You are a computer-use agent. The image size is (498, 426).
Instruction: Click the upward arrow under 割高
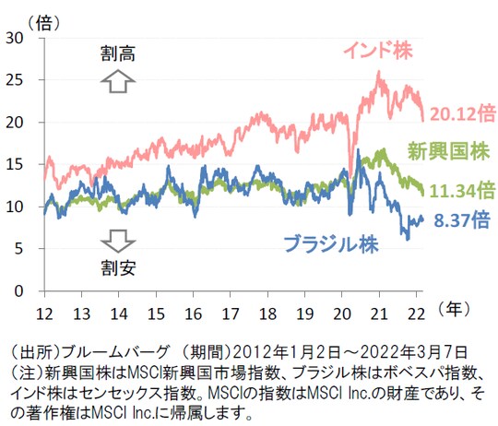(x=117, y=83)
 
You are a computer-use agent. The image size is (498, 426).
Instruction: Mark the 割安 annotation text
(x=117, y=268)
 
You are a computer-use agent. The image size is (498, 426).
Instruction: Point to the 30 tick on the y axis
(x=18, y=38)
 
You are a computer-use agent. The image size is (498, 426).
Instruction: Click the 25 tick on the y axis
(x=18, y=80)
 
